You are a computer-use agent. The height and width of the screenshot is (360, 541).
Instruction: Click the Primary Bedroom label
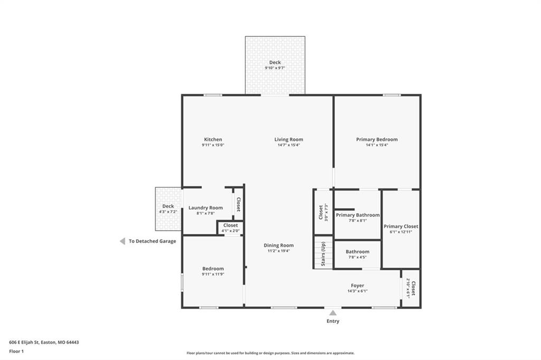pyautogui.click(x=377, y=139)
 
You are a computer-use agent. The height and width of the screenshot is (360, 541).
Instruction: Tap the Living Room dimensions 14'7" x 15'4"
pyautogui.click(x=289, y=145)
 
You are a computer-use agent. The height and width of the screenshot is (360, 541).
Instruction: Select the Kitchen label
pyautogui.click(x=213, y=139)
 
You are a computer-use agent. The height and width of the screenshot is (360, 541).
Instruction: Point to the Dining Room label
pyautogui.click(x=278, y=245)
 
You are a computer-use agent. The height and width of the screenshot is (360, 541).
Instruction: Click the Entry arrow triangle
pyautogui.click(x=333, y=313)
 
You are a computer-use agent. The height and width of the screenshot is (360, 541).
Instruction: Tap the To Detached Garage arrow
pyautogui.click(x=123, y=241)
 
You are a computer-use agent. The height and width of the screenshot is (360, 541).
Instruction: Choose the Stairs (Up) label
pyautogui.click(x=323, y=253)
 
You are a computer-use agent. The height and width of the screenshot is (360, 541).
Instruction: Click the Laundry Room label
pyautogui.click(x=206, y=207)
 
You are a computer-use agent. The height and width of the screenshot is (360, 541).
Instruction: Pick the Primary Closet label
pyautogui.click(x=401, y=226)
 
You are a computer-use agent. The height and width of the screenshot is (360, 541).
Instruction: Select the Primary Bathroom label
pyautogui.click(x=358, y=215)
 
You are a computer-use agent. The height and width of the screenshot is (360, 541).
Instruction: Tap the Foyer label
pyautogui.click(x=358, y=286)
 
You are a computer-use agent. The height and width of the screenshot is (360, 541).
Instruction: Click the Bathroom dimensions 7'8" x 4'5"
pyautogui.click(x=358, y=257)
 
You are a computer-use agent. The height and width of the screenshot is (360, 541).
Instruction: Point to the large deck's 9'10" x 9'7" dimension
pyautogui.click(x=275, y=68)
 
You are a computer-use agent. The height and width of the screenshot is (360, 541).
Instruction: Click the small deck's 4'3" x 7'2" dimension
pyautogui.click(x=168, y=212)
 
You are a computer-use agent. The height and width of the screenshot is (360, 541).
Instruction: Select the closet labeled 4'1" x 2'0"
pyautogui.click(x=230, y=228)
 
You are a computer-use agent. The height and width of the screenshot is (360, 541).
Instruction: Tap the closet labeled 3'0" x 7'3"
pyautogui.click(x=323, y=212)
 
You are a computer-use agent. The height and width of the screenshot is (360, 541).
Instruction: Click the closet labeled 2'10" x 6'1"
pyautogui.click(x=411, y=288)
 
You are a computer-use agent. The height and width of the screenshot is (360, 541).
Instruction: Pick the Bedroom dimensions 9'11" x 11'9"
pyautogui.click(x=213, y=274)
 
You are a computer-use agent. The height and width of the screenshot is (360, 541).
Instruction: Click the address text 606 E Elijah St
pyautogui.click(x=25, y=343)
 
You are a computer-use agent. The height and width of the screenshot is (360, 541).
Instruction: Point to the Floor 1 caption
pyautogui.click(x=16, y=352)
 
